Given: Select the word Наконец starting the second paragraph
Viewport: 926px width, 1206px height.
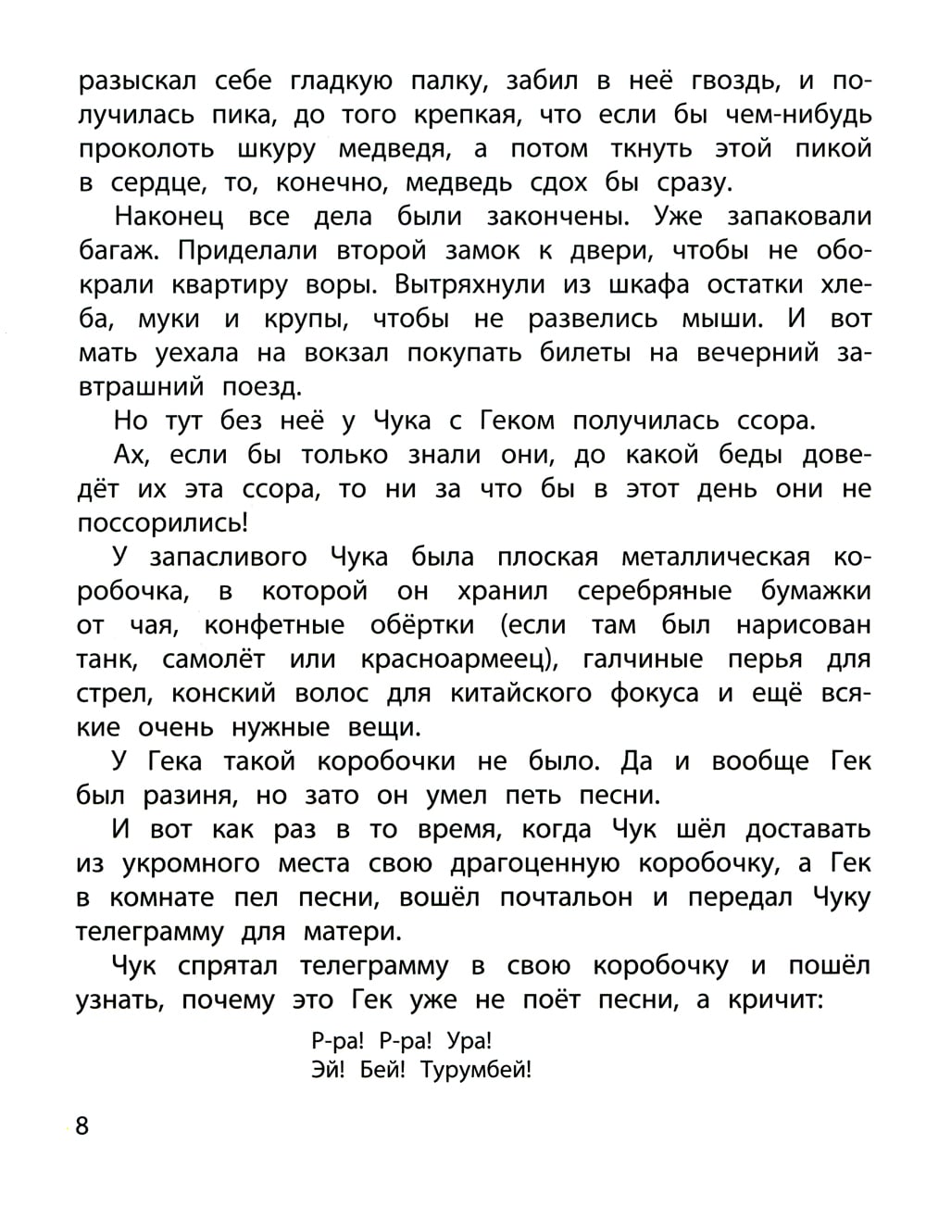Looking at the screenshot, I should (163, 217).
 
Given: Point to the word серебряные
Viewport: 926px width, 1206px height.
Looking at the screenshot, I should (655, 591).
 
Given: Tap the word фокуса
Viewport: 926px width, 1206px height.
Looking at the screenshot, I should (653, 693).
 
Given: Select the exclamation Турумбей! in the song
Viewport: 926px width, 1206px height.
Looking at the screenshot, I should (476, 1071).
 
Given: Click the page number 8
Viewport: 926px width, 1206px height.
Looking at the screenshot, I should (81, 1126).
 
